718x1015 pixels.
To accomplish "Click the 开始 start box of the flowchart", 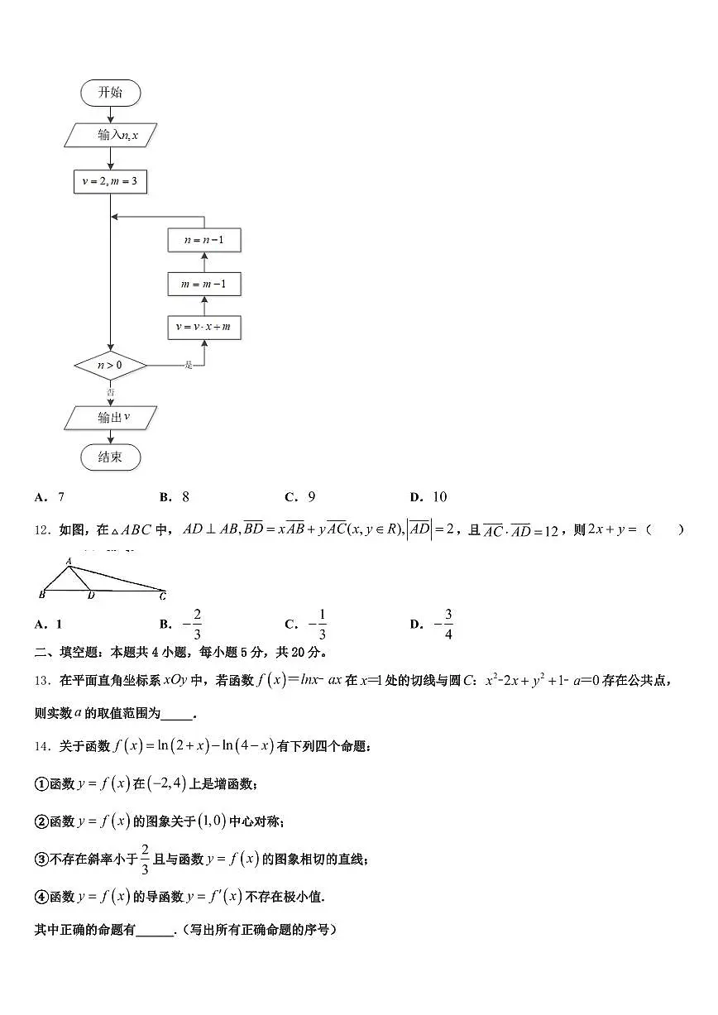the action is [x=110, y=93].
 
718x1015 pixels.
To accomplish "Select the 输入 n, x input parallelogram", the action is [x=111, y=135].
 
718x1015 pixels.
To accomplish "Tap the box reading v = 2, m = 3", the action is [x=110, y=181].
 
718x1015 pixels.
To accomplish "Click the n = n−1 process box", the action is [x=203, y=241].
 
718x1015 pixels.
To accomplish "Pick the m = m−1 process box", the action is [x=203, y=285].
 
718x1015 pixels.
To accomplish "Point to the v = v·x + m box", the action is [x=203, y=328].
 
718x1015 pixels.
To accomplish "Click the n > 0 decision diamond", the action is [x=110, y=365].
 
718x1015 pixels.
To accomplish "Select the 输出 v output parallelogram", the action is [x=111, y=418].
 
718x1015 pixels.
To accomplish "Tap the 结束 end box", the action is [x=110, y=457].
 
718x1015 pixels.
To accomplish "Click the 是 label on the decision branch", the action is [x=189, y=365].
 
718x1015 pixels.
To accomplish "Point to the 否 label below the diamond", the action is [x=110, y=390].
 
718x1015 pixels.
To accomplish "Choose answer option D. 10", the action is [x=428, y=497].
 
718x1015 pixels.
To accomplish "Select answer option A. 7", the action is [x=50, y=497].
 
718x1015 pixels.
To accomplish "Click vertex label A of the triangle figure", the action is [x=69, y=560].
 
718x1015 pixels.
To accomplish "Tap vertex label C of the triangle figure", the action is [x=163, y=596].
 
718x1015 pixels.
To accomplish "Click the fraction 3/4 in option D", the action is [x=448, y=625].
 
